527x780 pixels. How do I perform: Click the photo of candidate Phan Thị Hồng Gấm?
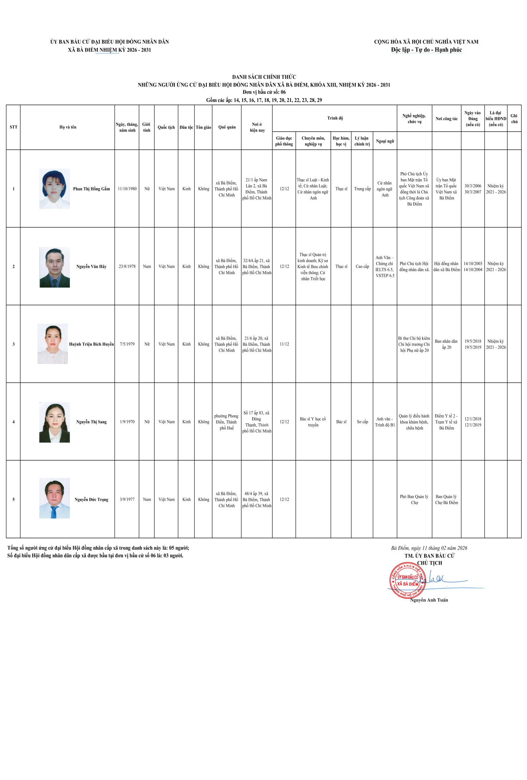pyautogui.click(x=54, y=189)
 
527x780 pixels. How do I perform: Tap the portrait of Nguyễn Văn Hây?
pyautogui.click(x=54, y=267)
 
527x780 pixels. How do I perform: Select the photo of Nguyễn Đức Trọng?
pyautogui.click(x=54, y=498)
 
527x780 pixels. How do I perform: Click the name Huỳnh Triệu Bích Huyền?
pyautogui.click(x=91, y=344)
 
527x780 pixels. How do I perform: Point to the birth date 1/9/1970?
pyautogui.click(x=127, y=422)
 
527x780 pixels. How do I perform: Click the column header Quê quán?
pyautogui.click(x=227, y=127)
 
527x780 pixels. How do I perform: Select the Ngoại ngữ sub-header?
pyautogui.click(x=385, y=141)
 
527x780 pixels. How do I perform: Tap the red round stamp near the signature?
pyautogui.click(x=407, y=581)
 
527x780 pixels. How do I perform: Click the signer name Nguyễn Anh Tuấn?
pyautogui.click(x=429, y=600)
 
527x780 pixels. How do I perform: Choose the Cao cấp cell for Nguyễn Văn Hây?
pyautogui.click(x=362, y=266)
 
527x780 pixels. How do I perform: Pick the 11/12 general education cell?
pyautogui.click(x=284, y=344)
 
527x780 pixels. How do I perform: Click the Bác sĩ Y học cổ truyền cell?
pyautogui.click(x=313, y=422)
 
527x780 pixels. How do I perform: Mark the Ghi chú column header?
pyautogui.click(x=514, y=119)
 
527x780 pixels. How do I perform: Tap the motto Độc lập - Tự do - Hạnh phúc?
pyautogui.click(x=426, y=50)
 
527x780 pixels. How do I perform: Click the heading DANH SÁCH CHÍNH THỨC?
pyautogui.click(x=264, y=77)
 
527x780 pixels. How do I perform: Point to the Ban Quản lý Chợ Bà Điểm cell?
pyautogui.click(x=447, y=500)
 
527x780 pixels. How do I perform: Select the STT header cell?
pyautogui.click(x=13, y=127)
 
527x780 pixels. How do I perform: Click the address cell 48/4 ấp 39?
pyautogui.click(x=257, y=500)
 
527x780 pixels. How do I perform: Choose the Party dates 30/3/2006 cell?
pyautogui.click(x=473, y=189)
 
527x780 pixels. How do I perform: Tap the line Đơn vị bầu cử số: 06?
pyautogui.click(x=264, y=92)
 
